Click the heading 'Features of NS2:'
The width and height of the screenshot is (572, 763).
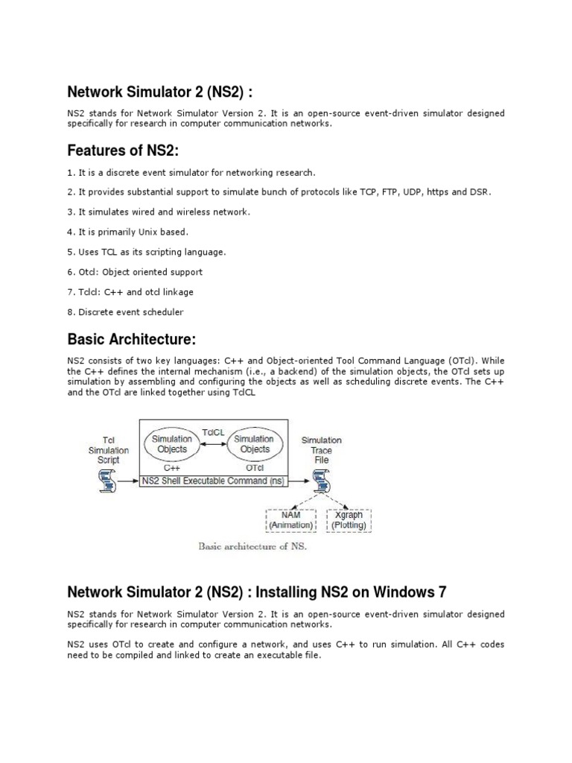tap(123, 151)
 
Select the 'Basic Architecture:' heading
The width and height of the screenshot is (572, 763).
tap(132, 340)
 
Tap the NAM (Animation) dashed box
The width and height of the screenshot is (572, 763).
tap(290, 520)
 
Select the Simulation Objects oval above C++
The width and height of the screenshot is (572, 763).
tap(172, 444)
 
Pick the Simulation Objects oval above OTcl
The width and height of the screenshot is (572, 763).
tap(253, 444)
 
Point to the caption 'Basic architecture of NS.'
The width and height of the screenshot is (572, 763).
tap(252, 546)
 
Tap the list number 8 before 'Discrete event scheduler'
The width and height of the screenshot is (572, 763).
tap(70, 312)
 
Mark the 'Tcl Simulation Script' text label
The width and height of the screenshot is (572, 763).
tap(109, 450)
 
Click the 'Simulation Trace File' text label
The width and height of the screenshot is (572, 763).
tap(321, 450)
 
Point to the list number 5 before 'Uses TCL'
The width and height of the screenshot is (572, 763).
tap(70, 252)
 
